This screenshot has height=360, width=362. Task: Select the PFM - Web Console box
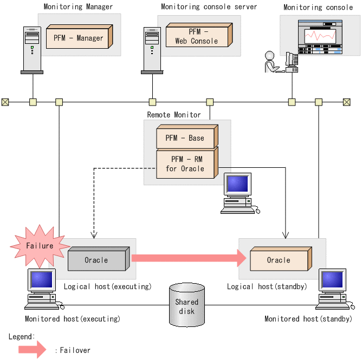point(197,36)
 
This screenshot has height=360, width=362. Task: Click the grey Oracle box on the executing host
point(97,260)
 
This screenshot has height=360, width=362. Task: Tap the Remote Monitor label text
point(173,115)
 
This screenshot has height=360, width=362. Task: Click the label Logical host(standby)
point(267,286)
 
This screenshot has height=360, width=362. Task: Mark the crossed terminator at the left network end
point(5,102)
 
